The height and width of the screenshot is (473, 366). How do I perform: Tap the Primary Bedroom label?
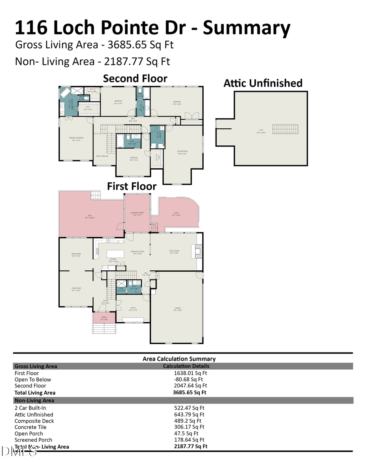click(x=76, y=138)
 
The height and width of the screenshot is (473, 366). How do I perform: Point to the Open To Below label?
click(x=102, y=156)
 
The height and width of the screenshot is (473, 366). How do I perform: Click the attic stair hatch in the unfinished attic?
click(x=285, y=129)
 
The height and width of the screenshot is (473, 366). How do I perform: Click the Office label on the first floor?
click(x=133, y=308)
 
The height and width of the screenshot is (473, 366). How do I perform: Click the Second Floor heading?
click(x=135, y=78)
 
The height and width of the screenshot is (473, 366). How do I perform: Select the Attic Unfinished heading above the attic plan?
click(x=263, y=83)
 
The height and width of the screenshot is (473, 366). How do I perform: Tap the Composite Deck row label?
click(x=34, y=421)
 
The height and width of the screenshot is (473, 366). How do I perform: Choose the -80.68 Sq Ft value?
click(x=189, y=380)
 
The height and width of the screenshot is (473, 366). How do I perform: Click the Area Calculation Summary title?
click(x=179, y=359)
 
